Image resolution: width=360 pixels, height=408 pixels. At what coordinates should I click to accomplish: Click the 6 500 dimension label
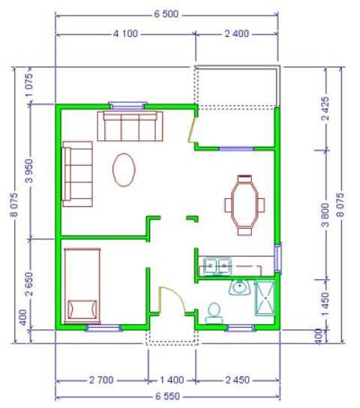tap(166, 13)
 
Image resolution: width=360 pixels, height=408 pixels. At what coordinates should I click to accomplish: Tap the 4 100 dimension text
tap(125, 34)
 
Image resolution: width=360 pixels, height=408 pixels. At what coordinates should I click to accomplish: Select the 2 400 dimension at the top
tap(236, 34)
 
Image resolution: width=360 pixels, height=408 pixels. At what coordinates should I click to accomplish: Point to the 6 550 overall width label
tap(167, 396)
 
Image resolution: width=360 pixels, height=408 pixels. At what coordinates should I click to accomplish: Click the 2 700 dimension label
tap(101, 380)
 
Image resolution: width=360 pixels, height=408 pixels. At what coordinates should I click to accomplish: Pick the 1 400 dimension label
tap(172, 380)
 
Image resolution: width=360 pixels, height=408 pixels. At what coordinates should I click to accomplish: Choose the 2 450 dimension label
tap(238, 380)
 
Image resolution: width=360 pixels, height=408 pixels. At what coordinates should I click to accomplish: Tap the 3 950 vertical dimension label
tap(30, 171)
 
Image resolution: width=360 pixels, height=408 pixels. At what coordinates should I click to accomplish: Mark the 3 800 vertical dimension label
tap(325, 215)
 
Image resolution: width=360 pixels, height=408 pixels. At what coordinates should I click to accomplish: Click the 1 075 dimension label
tap(30, 85)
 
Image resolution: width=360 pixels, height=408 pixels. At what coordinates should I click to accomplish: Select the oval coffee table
tap(124, 169)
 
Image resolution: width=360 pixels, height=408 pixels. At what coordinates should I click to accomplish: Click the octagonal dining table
tap(244, 204)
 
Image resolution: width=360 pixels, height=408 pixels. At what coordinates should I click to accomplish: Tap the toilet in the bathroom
tap(214, 313)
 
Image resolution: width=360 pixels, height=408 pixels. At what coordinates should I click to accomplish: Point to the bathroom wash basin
tap(239, 287)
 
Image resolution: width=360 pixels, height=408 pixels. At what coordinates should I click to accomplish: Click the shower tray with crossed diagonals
tap(265, 298)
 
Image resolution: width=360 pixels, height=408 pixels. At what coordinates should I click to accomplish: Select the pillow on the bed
tap(82, 310)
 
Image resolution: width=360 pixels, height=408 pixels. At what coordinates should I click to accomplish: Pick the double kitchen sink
tap(217, 266)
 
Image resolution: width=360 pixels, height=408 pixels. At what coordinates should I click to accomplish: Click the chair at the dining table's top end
tap(244, 178)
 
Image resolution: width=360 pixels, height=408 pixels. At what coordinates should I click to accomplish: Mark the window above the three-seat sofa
tap(127, 106)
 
